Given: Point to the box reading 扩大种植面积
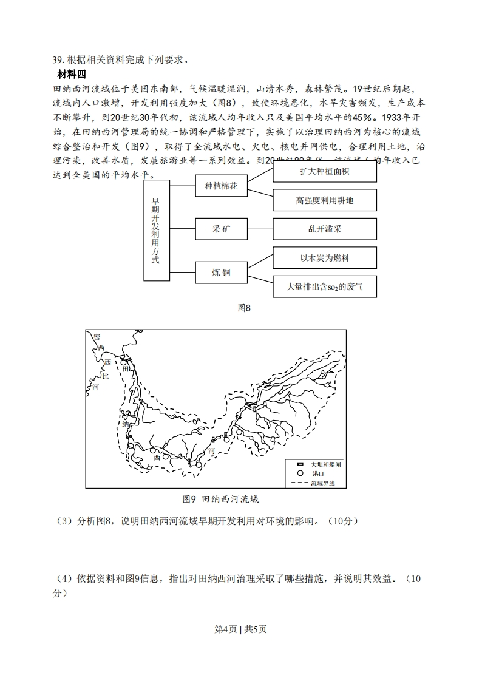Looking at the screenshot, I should [x=325, y=171].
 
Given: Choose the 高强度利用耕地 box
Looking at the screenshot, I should [x=325, y=200].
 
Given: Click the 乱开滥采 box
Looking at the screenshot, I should [x=325, y=229].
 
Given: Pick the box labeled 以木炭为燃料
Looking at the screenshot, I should [x=325, y=258].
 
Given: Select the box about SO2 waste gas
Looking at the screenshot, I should [x=325, y=286].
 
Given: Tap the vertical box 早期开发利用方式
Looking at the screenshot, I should [x=156, y=230].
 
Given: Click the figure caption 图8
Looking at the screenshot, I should [x=244, y=308].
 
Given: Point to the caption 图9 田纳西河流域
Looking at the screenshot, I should [x=221, y=499].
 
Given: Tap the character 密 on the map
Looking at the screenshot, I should [x=97, y=336].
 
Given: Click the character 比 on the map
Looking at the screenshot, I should [x=104, y=376].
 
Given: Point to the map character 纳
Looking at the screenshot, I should [x=126, y=424].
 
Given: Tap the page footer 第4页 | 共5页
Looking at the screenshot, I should [x=241, y=629].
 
